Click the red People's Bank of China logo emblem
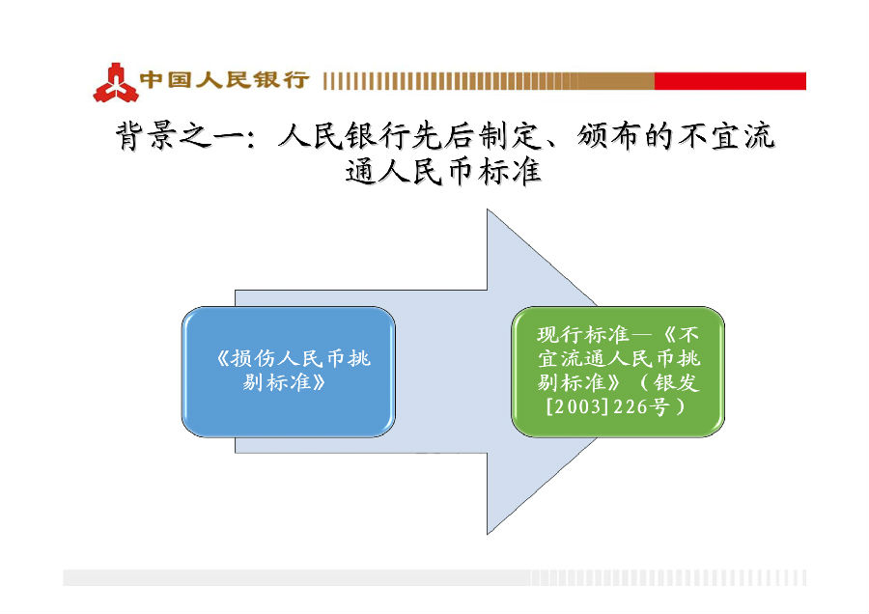(x=115, y=83)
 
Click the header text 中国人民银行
(x=224, y=80)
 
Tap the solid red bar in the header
(x=730, y=81)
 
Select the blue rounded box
(x=288, y=372)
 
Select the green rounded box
(x=617, y=372)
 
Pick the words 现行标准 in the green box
(x=582, y=334)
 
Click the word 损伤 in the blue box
(x=253, y=358)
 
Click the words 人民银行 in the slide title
(x=344, y=136)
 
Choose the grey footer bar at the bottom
(x=434, y=577)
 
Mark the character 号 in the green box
(x=659, y=406)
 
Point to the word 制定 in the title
(x=509, y=136)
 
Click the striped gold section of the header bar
(x=489, y=81)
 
